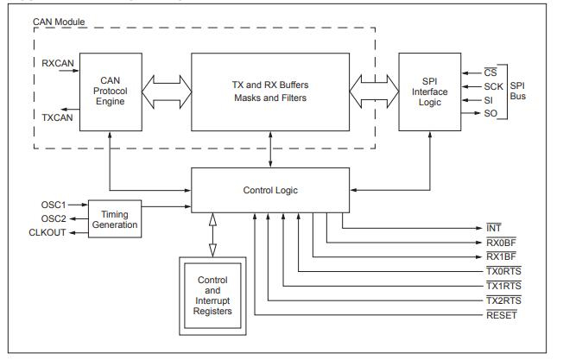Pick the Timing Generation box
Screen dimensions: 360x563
[115, 219]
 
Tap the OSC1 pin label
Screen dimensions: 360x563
[54, 204]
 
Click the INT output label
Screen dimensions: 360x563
[494, 229]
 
